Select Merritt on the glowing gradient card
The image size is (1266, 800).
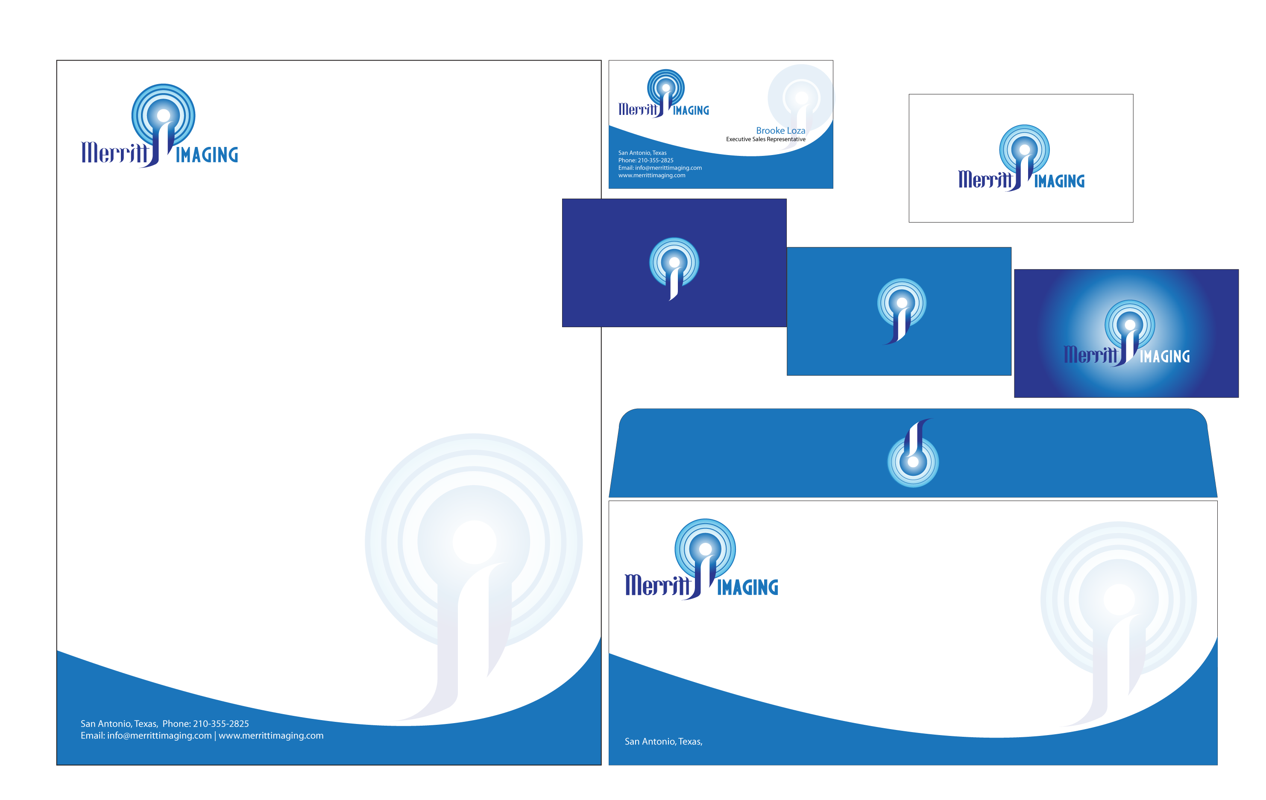pos(1090,355)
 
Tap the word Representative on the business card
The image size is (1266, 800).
pos(786,139)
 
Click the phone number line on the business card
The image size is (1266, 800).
pos(646,160)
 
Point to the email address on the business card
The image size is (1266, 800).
pos(660,168)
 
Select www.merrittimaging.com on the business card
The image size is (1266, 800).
pos(652,176)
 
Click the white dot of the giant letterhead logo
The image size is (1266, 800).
pos(474,542)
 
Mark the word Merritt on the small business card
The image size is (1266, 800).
pos(638,109)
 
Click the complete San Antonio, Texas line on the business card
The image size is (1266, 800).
pos(642,153)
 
